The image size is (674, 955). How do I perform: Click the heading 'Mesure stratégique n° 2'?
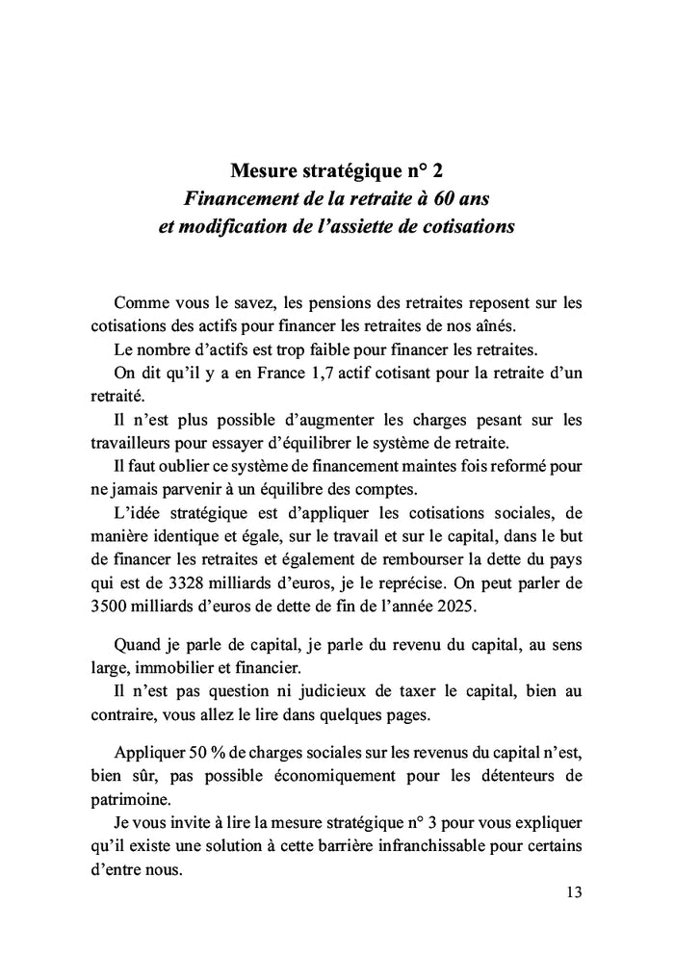(337, 172)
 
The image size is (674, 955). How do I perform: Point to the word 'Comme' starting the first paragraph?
(141, 302)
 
